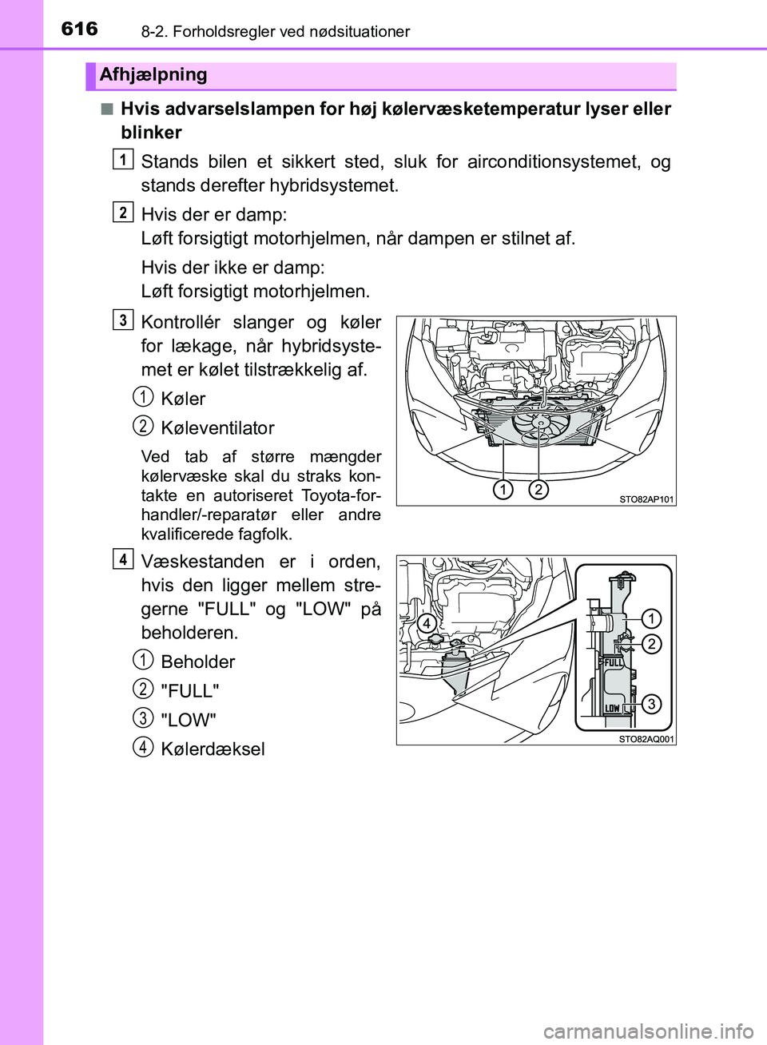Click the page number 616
pos(80,29)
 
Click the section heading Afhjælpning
pos(153,75)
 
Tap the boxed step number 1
pos(122,160)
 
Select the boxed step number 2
pos(122,212)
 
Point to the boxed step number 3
pos(122,320)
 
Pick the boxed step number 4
pos(122,559)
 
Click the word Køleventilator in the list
pos(217,428)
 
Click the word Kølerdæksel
pos(213,749)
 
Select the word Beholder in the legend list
pos(198,662)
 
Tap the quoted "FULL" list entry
pos(190,691)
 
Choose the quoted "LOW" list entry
pos(189,721)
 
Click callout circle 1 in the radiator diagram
pos(503,490)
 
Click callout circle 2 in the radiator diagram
pos(538,490)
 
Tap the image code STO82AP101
pos(646,499)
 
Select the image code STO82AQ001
pos(646,739)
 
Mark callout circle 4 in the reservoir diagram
pos(427,623)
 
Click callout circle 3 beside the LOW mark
pos(651,704)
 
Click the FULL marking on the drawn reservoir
pos(613,662)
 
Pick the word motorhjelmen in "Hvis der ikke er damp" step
pos(319,292)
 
